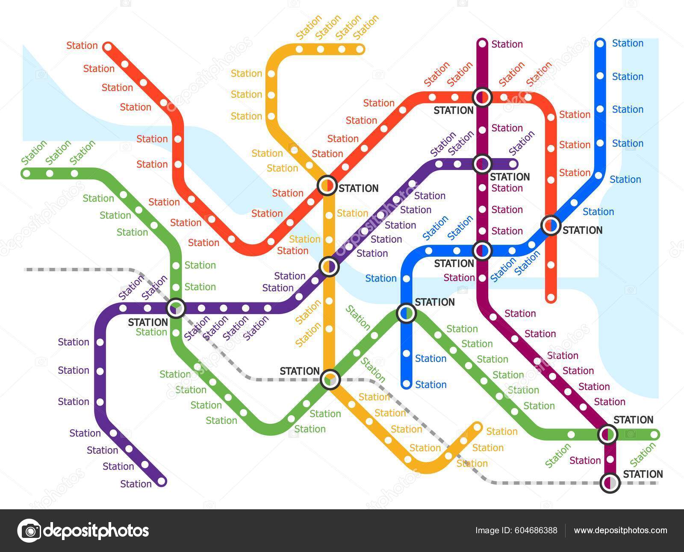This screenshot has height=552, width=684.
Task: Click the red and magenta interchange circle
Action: tap(482, 97)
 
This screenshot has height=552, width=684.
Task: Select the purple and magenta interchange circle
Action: tap(482, 163)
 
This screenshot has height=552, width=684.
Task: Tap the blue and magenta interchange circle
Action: tap(482, 250)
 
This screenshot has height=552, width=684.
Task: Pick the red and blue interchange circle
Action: tap(551, 225)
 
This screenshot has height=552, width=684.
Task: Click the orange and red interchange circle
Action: tap(327, 185)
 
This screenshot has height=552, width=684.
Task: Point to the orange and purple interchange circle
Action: tap(329, 267)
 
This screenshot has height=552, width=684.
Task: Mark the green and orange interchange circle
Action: tap(330, 379)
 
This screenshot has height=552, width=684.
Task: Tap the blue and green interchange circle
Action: tap(406, 313)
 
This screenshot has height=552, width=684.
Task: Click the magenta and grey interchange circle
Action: tap(610, 483)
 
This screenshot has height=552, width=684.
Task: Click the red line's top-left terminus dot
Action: tap(108, 46)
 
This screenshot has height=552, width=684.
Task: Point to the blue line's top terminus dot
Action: tap(600, 43)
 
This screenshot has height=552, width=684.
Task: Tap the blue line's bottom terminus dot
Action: tap(406, 384)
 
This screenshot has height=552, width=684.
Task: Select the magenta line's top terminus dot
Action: tap(482, 43)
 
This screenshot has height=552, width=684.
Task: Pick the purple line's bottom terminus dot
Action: tap(161, 482)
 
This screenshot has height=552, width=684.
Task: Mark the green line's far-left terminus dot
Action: tap(27, 173)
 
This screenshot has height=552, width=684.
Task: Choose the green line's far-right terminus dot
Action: tap(654, 435)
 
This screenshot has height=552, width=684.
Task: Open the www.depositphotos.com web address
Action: tap(620, 530)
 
